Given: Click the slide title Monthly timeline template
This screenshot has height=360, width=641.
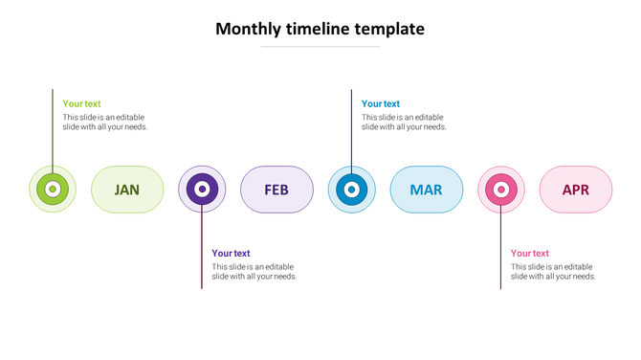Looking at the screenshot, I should pyautogui.click(x=320, y=29).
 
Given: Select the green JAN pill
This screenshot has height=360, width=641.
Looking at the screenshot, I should pyautogui.click(x=127, y=190).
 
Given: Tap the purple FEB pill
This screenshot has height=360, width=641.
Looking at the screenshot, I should pyautogui.click(x=276, y=190).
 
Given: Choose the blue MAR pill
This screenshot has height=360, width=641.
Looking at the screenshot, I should pyautogui.click(x=426, y=190).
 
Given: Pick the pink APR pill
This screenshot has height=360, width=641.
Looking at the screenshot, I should pyautogui.click(x=575, y=190).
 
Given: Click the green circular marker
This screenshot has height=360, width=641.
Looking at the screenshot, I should pyautogui.click(x=53, y=190).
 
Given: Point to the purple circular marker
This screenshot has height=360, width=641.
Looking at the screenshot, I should pyautogui.click(x=202, y=190).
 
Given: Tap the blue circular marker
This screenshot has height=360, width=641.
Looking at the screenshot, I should pyautogui.click(x=351, y=190).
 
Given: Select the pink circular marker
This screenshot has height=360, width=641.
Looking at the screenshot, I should pyautogui.click(x=500, y=190).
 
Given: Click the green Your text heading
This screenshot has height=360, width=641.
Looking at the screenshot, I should pyautogui.click(x=81, y=104).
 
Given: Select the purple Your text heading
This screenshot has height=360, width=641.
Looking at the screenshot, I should pyautogui.click(x=231, y=254).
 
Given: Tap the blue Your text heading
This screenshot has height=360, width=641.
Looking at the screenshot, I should pyautogui.click(x=380, y=104).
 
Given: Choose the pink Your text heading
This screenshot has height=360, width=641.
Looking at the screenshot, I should pyautogui.click(x=529, y=254).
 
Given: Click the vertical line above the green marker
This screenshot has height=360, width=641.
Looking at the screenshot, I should pyautogui.click(x=53, y=124).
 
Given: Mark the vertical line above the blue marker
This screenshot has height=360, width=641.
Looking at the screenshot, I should pyautogui.click(x=351, y=124).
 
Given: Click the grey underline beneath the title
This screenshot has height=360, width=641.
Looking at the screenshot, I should pyautogui.click(x=320, y=46).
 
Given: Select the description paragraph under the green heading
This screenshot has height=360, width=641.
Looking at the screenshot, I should pyautogui.click(x=105, y=122).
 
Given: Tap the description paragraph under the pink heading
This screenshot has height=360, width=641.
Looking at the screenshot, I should pyautogui.click(x=553, y=271).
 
